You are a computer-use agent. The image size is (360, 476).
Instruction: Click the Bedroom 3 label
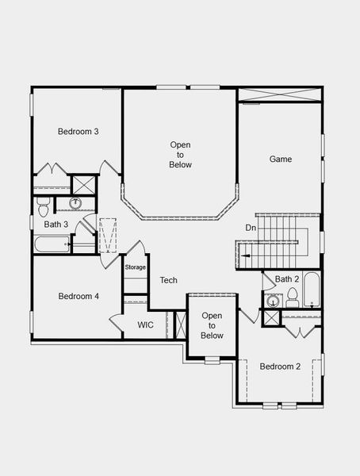click(x=78, y=132)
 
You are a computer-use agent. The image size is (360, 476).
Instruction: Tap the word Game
click(x=281, y=159)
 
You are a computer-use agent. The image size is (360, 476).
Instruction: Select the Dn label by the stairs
click(x=251, y=228)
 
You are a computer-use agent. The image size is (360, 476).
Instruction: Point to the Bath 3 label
click(x=56, y=225)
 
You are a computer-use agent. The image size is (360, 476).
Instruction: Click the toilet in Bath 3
click(x=44, y=205)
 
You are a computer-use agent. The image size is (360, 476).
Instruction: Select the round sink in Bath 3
click(x=76, y=204)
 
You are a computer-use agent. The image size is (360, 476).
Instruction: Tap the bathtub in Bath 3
click(x=52, y=244)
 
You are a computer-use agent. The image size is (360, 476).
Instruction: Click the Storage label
click(x=136, y=267)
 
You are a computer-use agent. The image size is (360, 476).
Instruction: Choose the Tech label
click(x=168, y=280)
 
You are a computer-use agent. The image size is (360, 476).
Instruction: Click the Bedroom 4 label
click(x=78, y=296)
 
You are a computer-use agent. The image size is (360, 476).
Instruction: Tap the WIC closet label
click(x=145, y=324)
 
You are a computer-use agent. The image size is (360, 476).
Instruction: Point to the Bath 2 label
click(x=287, y=278)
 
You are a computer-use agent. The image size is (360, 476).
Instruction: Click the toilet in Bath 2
click(x=292, y=297)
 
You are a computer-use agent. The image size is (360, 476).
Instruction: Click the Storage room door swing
click(x=136, y=249)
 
